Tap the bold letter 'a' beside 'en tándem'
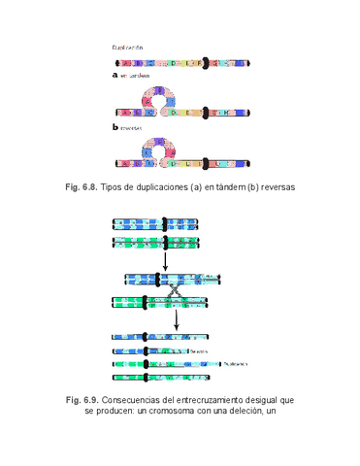pos(115,74)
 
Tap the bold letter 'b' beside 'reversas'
pos(115,126)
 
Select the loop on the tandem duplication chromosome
pos(156,97)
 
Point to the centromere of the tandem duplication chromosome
pos(205,111)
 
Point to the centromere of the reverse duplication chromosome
pos(205,164)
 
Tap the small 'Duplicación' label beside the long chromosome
pos(235,364)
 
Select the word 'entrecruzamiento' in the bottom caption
pos(212,399)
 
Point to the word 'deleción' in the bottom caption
pos(245,411)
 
